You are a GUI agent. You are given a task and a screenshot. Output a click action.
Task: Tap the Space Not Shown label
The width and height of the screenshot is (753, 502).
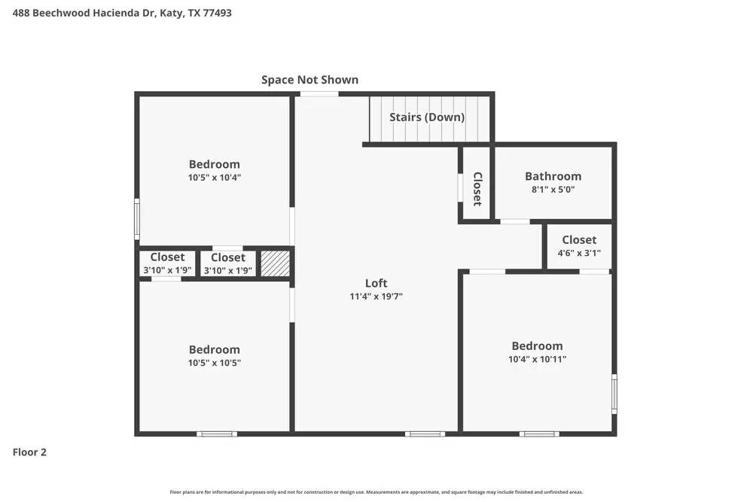click(309, 79)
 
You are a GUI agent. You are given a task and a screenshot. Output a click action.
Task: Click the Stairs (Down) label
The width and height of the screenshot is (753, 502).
click(427, 117)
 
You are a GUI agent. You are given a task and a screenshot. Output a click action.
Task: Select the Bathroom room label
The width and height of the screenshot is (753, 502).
click(553, 176)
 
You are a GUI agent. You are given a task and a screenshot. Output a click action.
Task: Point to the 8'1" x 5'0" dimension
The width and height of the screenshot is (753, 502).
click(553, 190)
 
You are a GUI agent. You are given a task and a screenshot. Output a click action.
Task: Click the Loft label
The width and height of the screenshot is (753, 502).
click(376, 283)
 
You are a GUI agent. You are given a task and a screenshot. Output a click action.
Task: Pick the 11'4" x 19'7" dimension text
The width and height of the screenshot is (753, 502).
click(376, 297)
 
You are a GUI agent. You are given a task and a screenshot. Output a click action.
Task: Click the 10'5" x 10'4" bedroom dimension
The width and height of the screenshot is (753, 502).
click(215, 178)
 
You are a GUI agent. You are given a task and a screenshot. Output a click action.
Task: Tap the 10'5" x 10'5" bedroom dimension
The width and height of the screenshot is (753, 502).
click(215, 363)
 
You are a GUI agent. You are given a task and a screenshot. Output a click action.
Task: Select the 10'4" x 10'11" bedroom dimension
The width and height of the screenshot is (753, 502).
click(537, 360)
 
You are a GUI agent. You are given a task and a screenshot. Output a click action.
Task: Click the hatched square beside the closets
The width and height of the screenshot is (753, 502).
click(275, 263)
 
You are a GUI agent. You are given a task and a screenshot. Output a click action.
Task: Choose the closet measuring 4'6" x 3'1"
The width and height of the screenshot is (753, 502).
click(579, 246)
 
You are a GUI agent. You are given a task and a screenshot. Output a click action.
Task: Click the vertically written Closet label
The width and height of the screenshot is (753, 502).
click(477, 189)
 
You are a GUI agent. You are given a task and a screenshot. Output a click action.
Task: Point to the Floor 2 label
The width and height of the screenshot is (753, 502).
click(29, 452)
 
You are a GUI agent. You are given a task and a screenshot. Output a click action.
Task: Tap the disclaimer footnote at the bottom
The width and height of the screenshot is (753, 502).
click(376, 492)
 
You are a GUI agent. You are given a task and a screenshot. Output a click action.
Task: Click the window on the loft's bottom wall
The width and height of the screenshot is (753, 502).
click(425, 434)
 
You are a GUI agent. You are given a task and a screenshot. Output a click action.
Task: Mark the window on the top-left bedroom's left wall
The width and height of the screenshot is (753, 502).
click(137, 219)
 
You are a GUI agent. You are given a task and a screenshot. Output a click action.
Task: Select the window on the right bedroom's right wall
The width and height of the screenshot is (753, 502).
click(614, 394)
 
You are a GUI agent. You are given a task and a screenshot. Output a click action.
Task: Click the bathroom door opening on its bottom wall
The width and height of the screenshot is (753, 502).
click(515, 221)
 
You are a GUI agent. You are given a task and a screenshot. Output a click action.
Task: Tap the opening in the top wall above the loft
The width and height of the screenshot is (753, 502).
click(319, 93)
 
